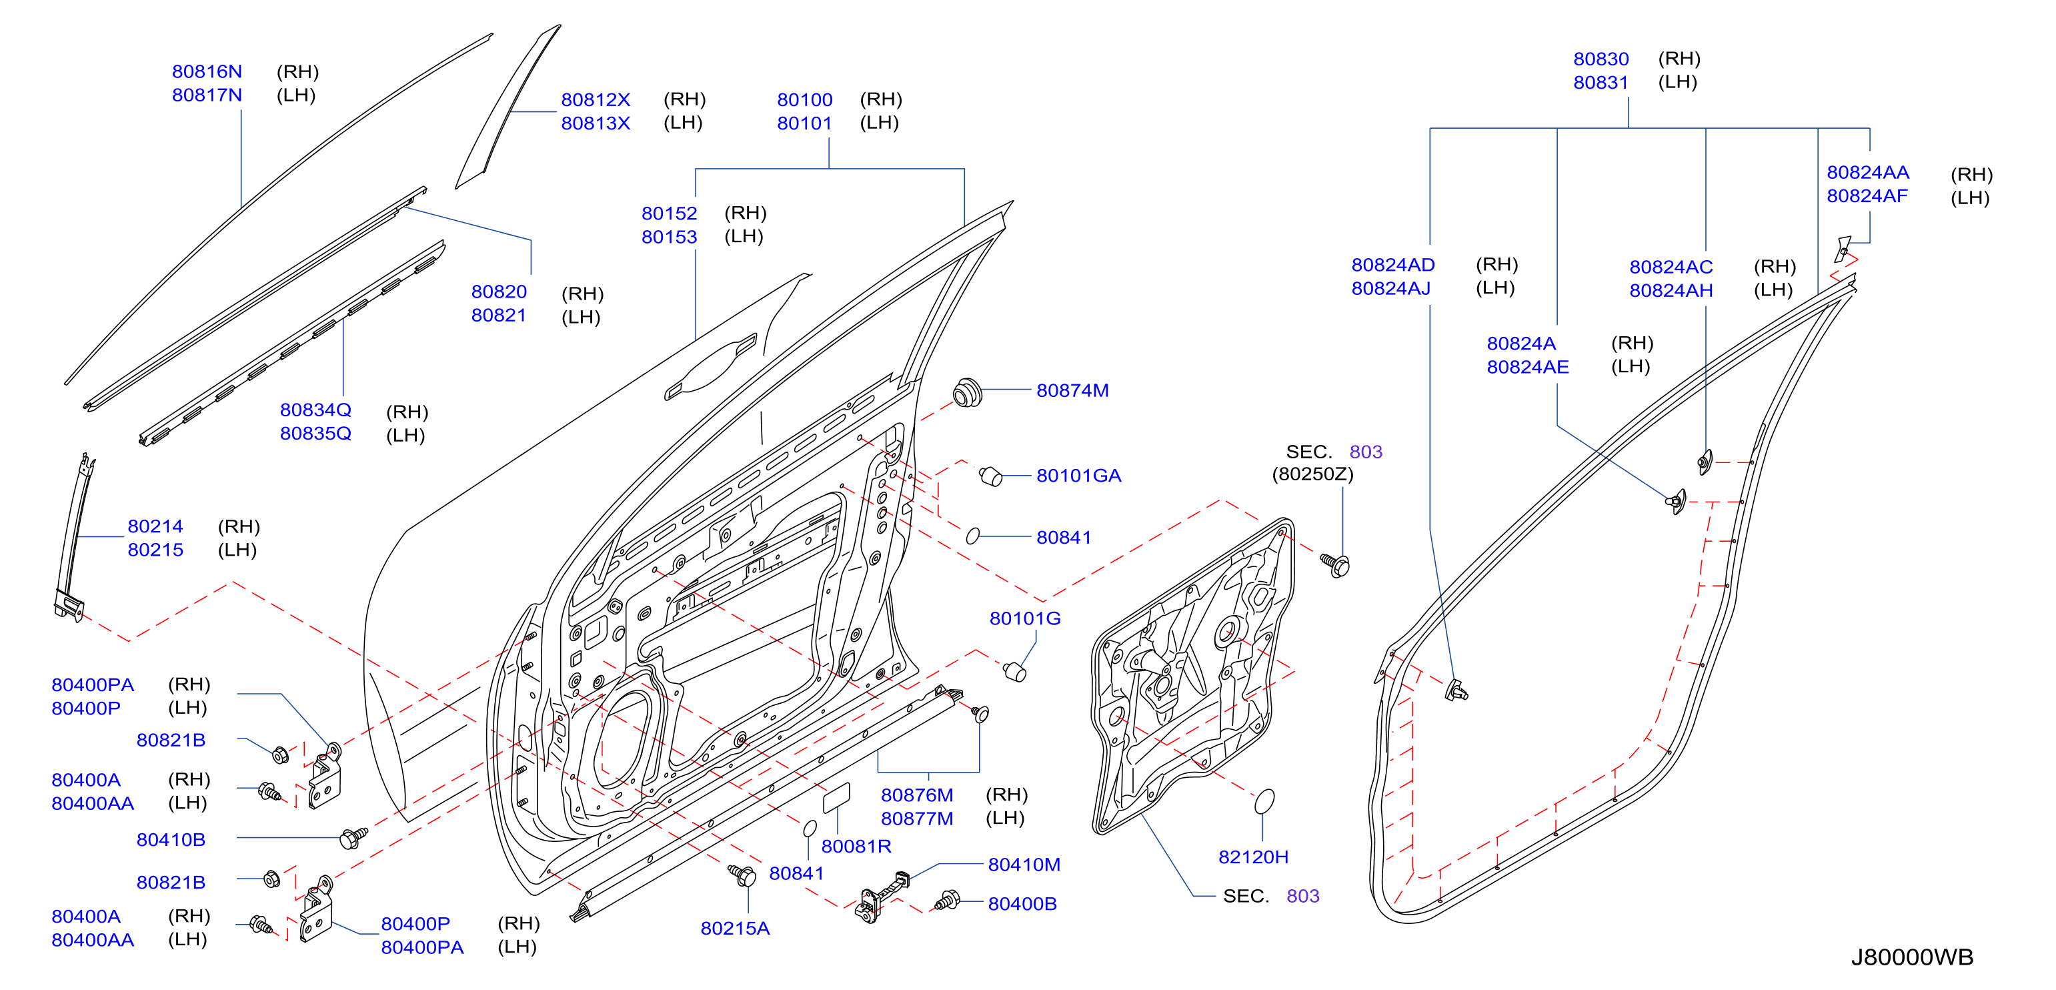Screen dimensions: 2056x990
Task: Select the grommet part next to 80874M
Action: [x=968, y=393]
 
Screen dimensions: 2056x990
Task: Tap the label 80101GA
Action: [x=1078, y=476]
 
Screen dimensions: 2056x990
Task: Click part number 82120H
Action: [x=1253, y=857]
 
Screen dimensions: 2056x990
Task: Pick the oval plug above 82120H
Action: [x=1265, y=802]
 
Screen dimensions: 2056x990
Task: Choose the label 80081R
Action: [x=856, y=847]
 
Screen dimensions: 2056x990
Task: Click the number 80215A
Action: [x=735, y=929]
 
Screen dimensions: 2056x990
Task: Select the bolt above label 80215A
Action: [x=743, y=875]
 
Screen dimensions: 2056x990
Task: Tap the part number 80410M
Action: [x=1024, y=865]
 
